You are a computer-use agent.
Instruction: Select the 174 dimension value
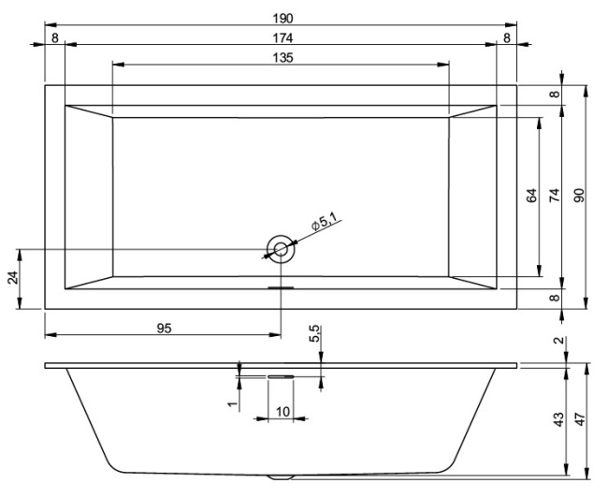(281, 38)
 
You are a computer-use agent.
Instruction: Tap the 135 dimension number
(281, 58)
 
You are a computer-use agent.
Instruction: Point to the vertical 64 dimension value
(531, 197)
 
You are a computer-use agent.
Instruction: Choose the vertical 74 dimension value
(554, 197)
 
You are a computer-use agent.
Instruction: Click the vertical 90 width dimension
(578, 197)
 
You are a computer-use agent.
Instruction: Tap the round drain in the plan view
(281, 248)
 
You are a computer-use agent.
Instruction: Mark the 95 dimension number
(164, 328)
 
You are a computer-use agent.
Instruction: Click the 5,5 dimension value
(314, 332)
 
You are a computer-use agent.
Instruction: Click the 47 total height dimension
(579, 420)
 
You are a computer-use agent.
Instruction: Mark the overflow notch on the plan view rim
(281, 288)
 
